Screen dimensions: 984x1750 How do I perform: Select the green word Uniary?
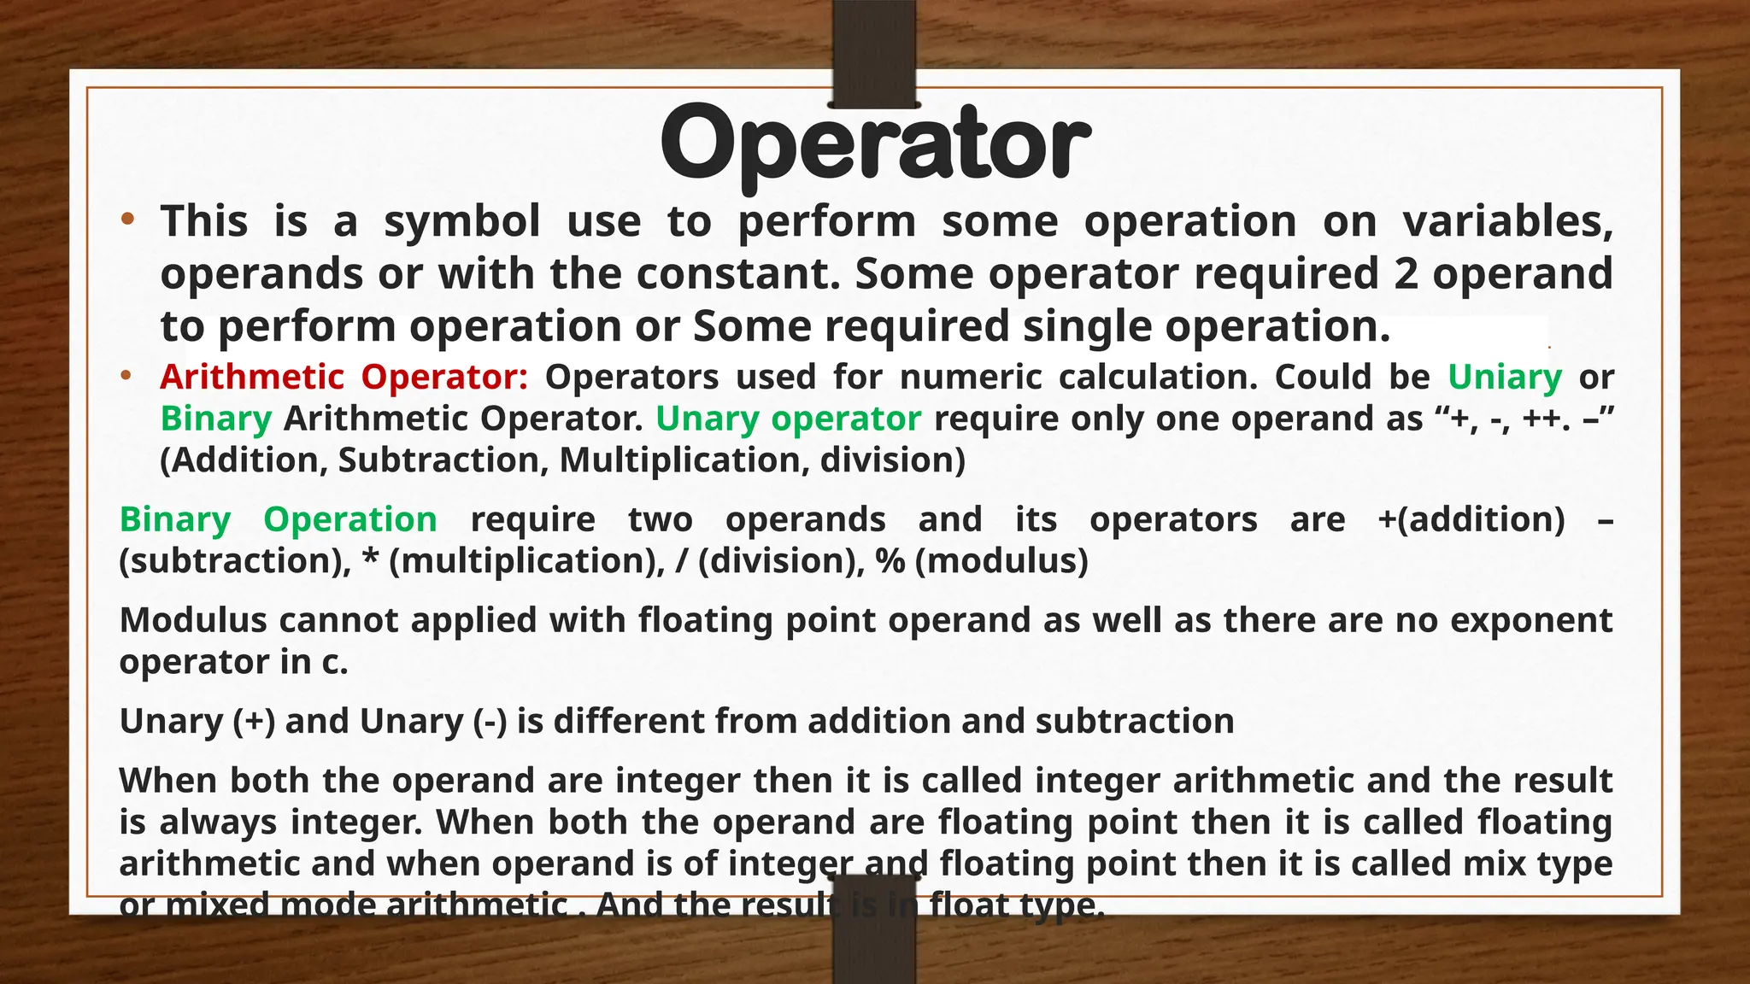click(1505, 377)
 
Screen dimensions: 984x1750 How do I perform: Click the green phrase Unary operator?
click(788, 419)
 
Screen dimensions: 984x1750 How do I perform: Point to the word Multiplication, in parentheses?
click(684, 460)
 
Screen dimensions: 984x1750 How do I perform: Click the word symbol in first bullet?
click(461, 221)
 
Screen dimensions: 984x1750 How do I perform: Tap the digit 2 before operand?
click(1406, 273)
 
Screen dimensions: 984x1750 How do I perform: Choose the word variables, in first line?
click(1507, 221)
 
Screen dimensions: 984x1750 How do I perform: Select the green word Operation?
click(349, 519)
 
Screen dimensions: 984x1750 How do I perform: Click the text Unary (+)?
click(197, 722)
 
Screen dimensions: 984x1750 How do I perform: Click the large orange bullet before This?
click(127, 220)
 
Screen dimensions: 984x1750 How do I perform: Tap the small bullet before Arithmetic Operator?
click(126, 376)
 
